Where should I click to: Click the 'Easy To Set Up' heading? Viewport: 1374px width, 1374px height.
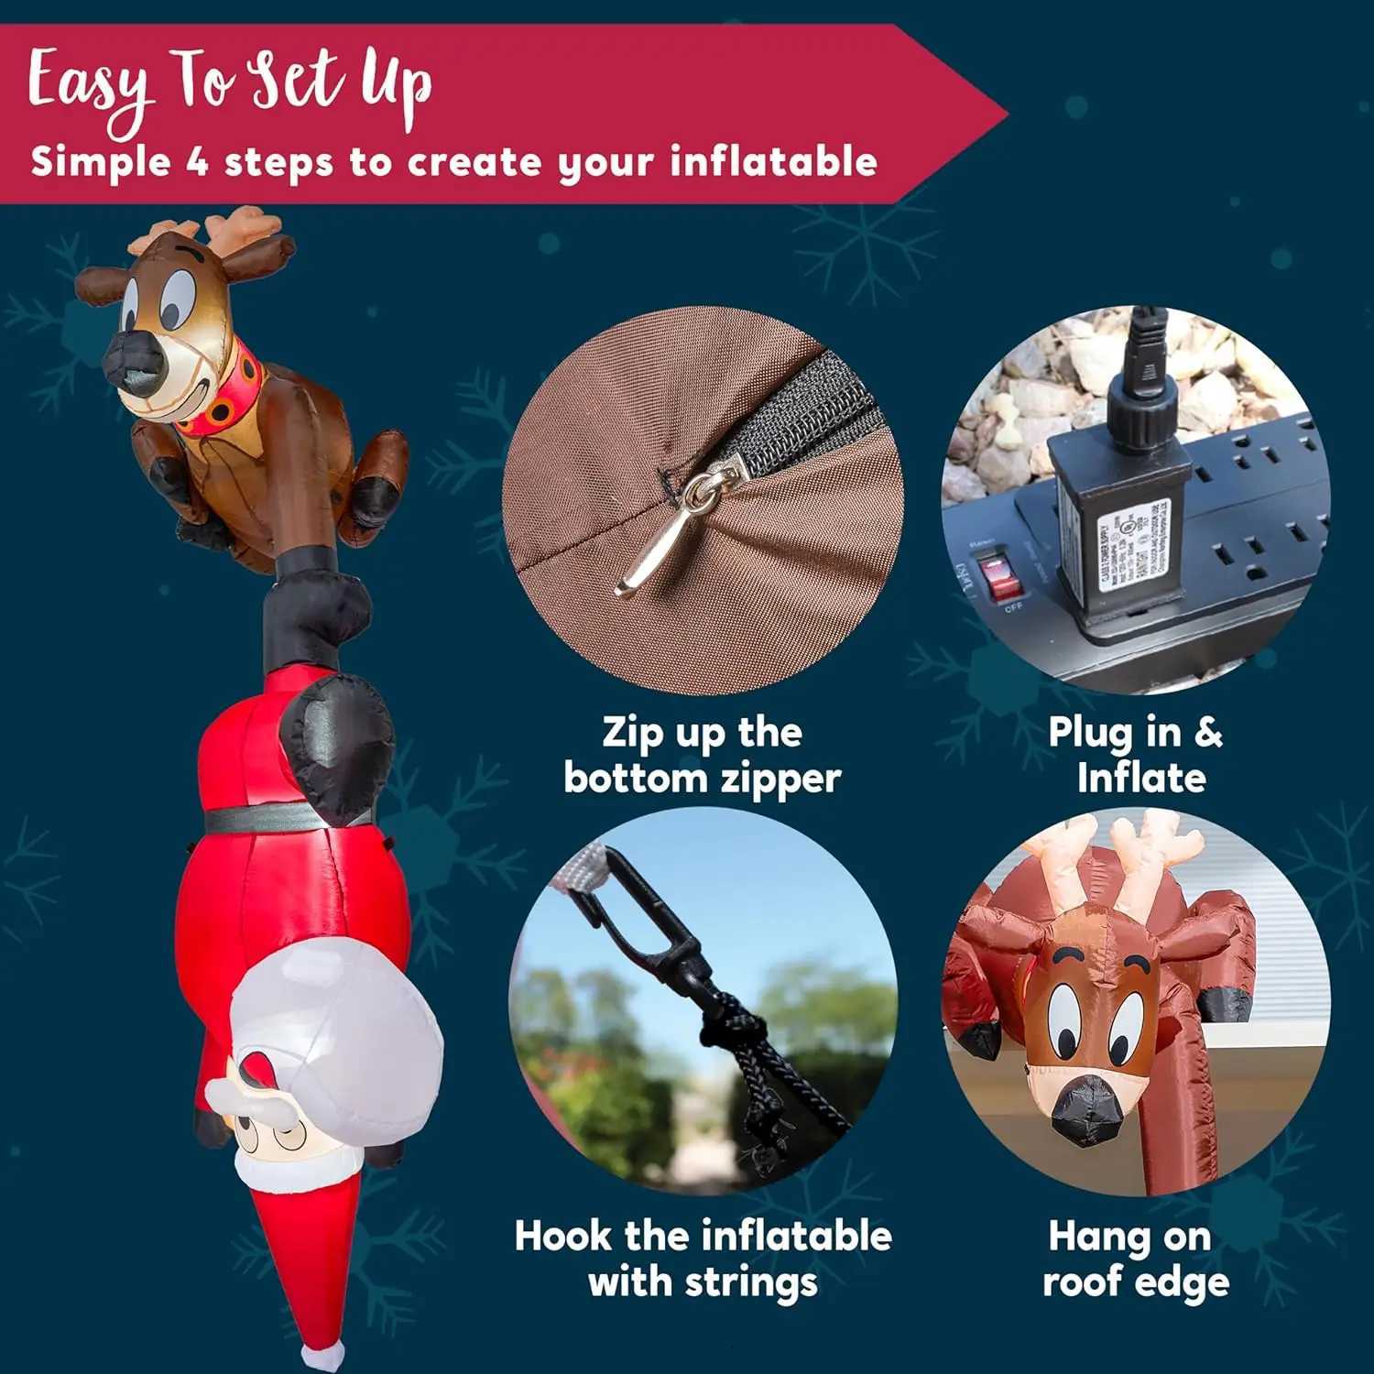[x=229, y=84]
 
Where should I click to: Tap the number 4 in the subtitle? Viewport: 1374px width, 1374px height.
[x=197, y=162]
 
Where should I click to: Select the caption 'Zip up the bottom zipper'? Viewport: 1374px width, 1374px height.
[x=702, y=755]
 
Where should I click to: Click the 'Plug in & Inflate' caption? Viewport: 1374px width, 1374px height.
[x=1137, y=755]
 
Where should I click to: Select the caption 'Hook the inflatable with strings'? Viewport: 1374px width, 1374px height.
[x=702, y=1258]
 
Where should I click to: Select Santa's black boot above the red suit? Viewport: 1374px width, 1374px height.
[x=339, y=733]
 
